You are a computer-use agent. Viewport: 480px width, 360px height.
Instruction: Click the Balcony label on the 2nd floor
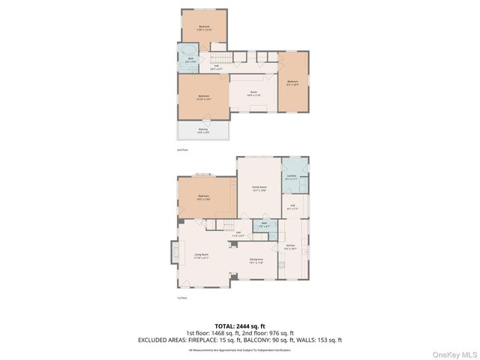tap(203, 130)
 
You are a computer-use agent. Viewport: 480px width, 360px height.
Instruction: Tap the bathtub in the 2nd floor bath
tap(185, 54)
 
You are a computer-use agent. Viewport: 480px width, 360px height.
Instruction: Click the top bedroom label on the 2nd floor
tap(204, 28)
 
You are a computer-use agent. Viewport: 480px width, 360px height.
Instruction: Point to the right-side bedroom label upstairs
tap(292, 82)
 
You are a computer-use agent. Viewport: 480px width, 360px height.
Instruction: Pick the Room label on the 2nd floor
tap(253, 93)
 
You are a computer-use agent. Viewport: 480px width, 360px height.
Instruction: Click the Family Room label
tap(259, 188)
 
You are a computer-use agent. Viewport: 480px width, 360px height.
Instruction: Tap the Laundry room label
tap(292, 178)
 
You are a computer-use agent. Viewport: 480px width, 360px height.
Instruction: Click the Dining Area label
tap(257, 261)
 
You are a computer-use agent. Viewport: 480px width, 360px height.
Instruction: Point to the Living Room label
tap(201, 256)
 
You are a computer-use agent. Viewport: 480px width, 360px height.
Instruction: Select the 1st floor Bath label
tap(264, 224)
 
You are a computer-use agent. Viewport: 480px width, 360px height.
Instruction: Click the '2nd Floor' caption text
tap(181, 150)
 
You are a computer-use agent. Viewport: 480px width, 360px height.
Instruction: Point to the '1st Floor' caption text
tap(181, 298)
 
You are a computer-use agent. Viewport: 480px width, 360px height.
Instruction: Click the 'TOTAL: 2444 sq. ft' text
tap(240, 327)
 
